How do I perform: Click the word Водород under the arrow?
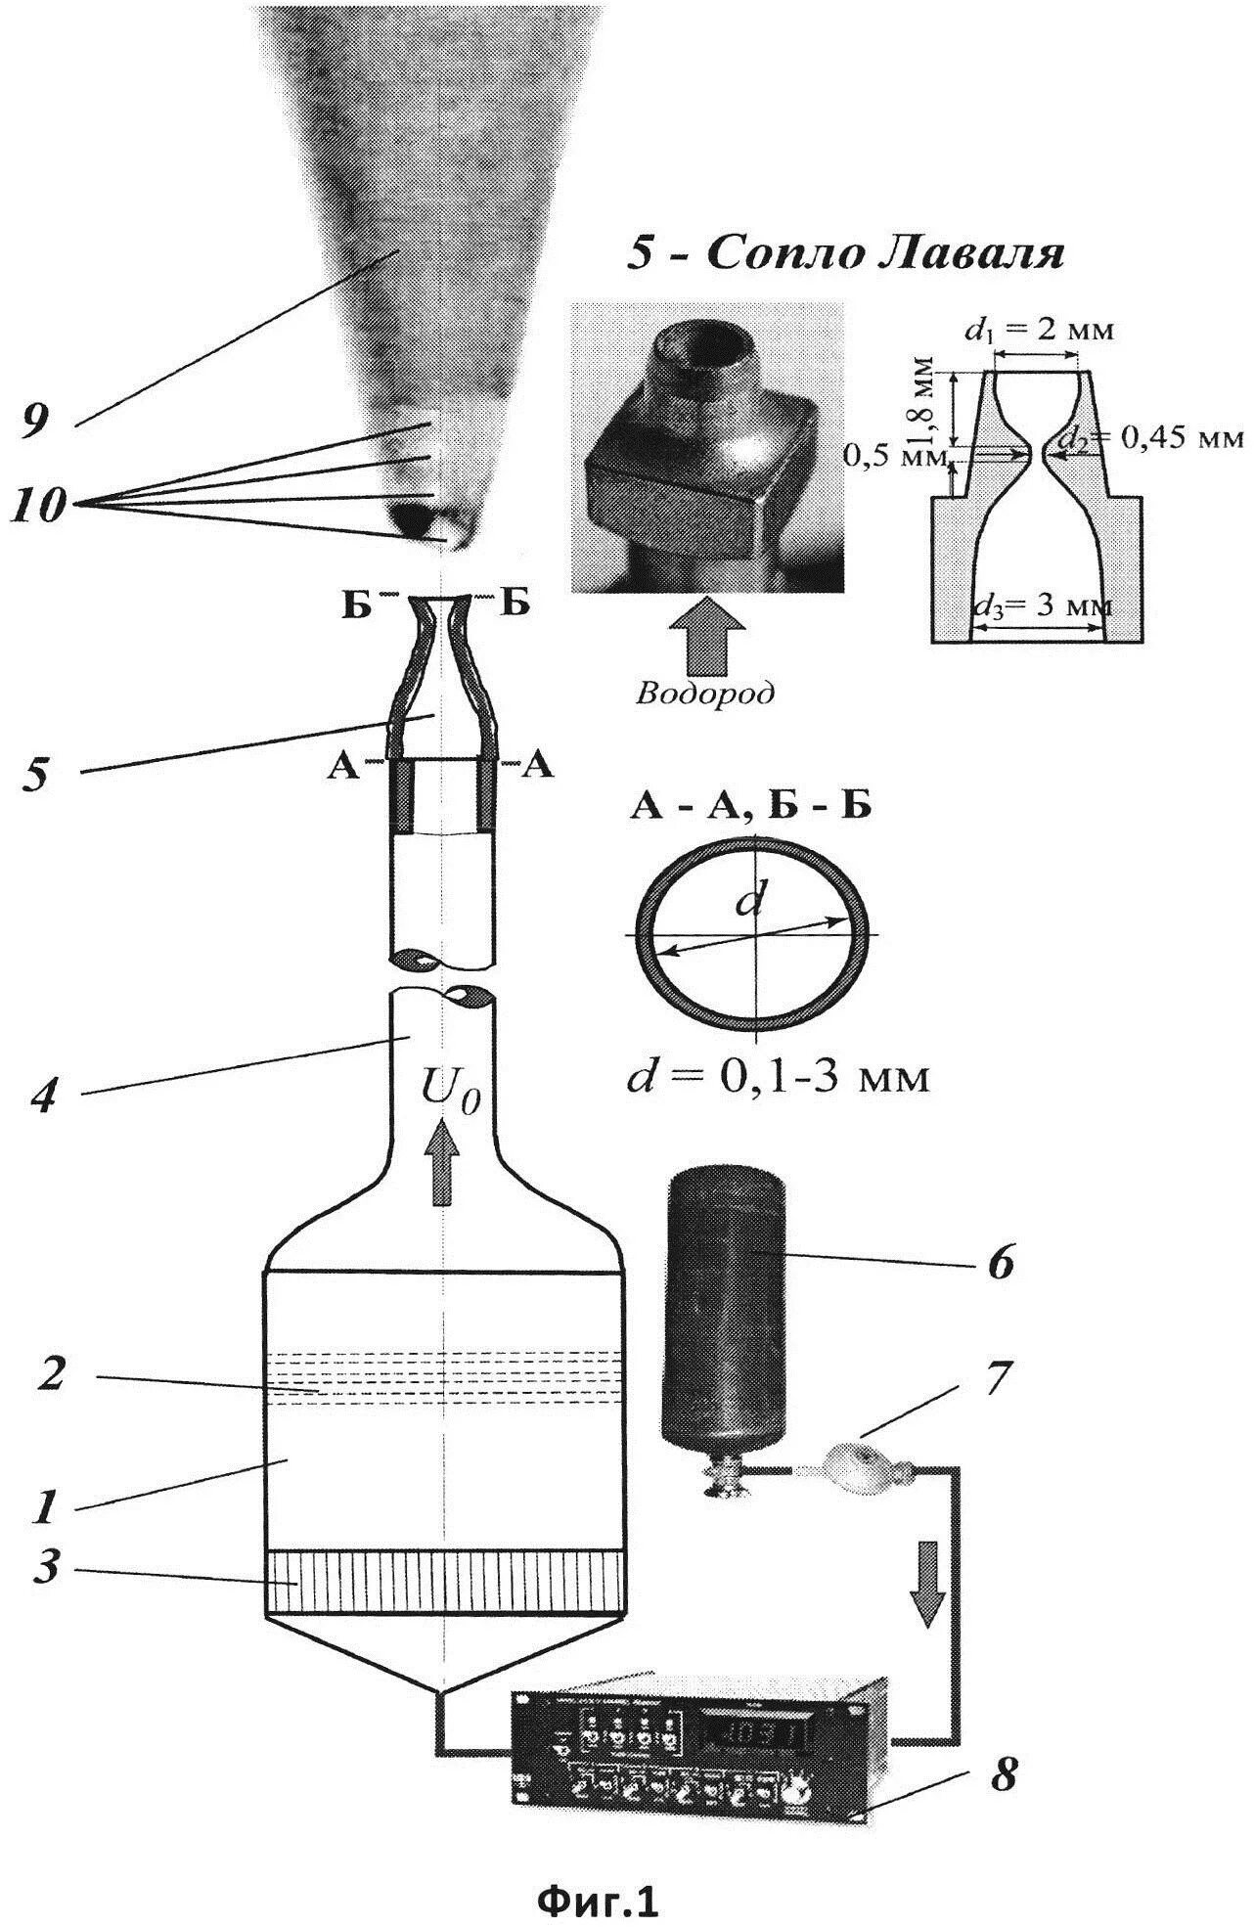click(704, 694)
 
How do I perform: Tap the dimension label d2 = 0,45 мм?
click(1154, 436)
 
